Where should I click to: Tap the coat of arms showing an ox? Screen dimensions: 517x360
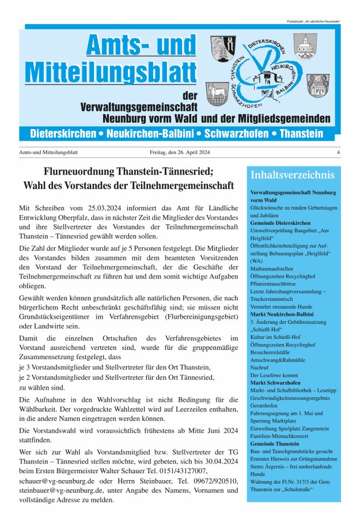(219, 93)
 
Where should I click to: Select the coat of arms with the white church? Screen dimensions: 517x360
(305, 46)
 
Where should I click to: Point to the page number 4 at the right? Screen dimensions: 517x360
(338, 152)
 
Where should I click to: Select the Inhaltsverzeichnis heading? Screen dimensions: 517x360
(292, 175)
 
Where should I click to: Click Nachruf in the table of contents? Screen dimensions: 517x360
(261, 374)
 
